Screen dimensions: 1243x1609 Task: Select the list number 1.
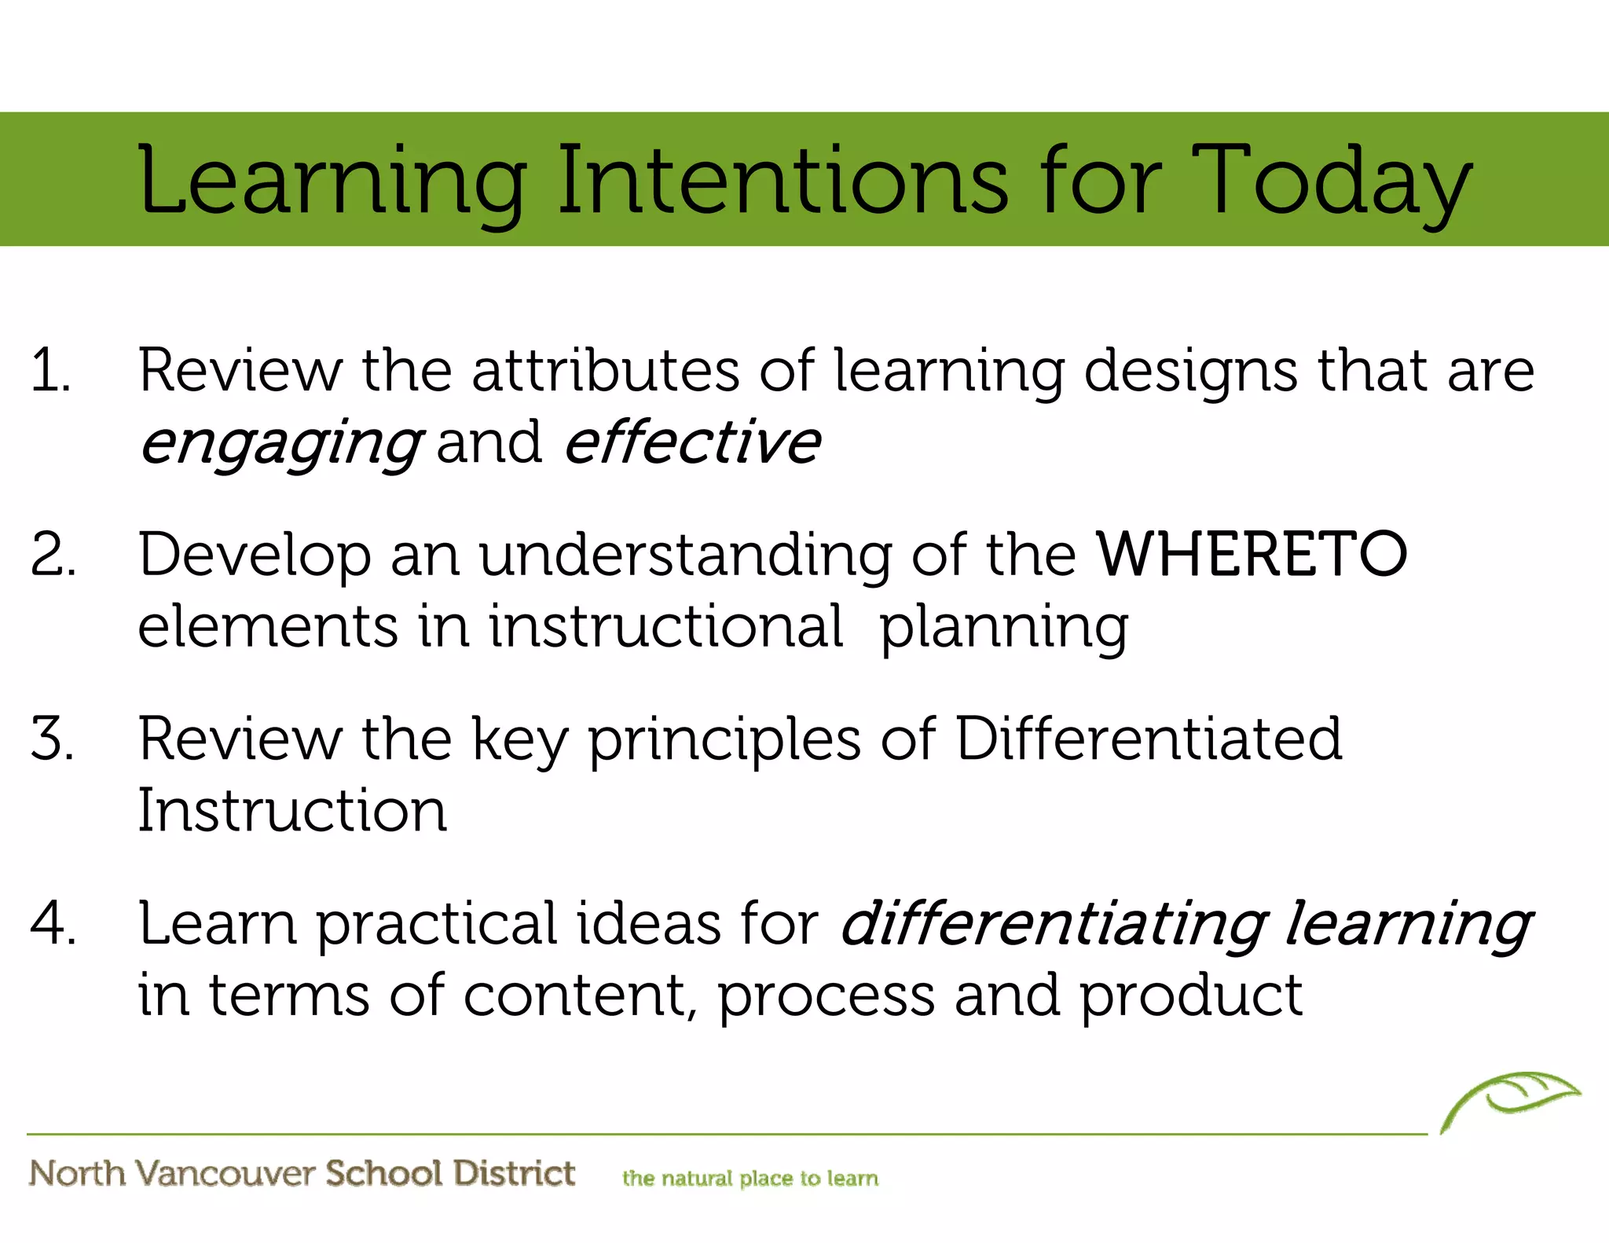click(50, 371)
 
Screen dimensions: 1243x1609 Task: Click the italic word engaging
click(280, 444)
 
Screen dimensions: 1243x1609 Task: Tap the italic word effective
click(692, 442)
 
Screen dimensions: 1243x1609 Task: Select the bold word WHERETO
click(1252, 555)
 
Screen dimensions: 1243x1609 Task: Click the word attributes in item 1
click(605, 371)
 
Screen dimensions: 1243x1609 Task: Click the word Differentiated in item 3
click(1148, 739)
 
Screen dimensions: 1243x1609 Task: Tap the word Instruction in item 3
click(292, 811)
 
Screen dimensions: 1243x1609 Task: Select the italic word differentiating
click(1054, 924)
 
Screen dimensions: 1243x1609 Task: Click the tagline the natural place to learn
click(750, 1179)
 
